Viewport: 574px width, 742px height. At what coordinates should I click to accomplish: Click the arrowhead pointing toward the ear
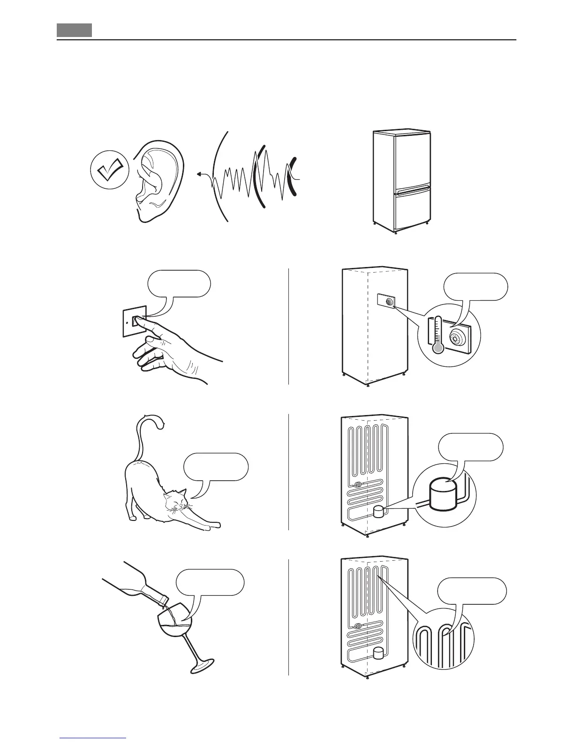[199, 174]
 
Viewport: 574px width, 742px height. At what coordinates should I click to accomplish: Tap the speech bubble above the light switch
[179, 283]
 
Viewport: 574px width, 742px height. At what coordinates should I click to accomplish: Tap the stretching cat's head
[174, 500]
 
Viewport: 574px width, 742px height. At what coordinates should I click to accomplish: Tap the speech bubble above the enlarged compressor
[471, 447]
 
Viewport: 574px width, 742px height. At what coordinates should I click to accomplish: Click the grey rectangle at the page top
[75, 30]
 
